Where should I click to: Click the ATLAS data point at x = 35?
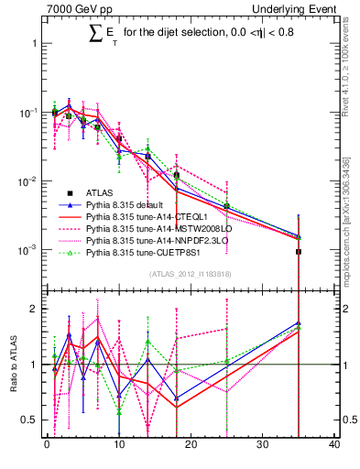pyautogui.click(x=299, y=251)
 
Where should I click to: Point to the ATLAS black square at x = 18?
pyautogui.click(x=176, y=175)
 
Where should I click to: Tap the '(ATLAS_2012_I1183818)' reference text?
pyautogui.click(x=191, y=274)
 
